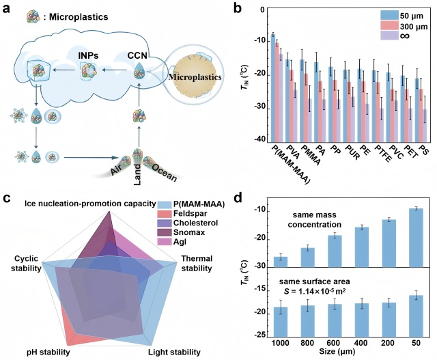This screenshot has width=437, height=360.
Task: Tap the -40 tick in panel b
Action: click(261, 139)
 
